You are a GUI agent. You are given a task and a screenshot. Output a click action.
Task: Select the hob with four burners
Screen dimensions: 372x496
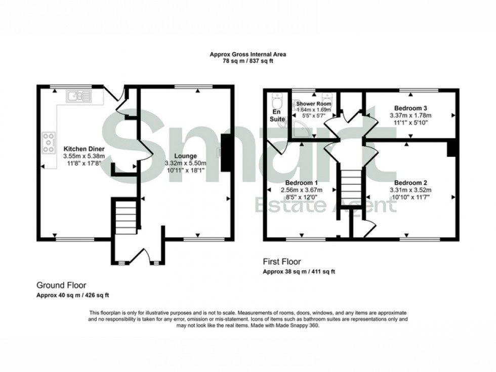49,142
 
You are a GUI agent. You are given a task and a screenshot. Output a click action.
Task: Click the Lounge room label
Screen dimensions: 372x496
183,156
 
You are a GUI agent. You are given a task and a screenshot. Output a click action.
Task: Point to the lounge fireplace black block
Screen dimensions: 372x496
226,153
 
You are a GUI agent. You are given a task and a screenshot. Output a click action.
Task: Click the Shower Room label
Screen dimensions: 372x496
314,103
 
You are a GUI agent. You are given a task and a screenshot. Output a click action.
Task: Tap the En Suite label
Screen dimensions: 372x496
276,115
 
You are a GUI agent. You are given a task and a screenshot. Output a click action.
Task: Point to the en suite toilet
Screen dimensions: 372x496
276,98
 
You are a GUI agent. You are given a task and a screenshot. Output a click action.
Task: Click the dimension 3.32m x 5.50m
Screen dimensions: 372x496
183,163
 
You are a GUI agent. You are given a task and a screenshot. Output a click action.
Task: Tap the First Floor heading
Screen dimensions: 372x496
281,262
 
